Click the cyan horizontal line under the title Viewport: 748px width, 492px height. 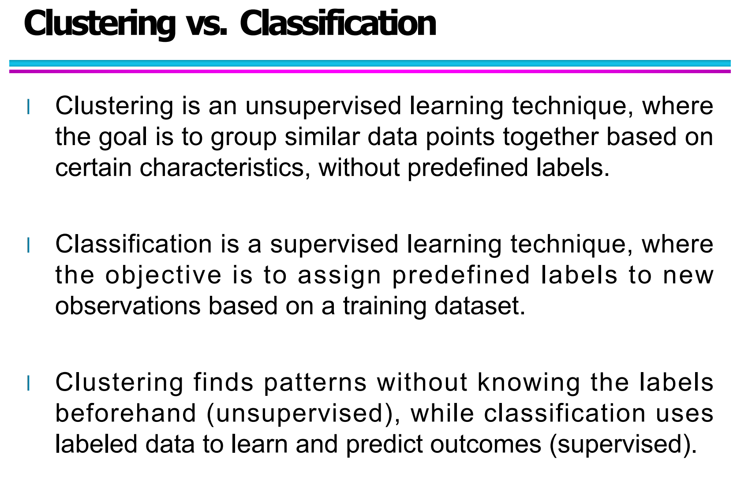click(x=370, y=63)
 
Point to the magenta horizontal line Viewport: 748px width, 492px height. click(x=370, y=71)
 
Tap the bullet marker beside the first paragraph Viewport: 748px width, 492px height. click(x=29, y=107)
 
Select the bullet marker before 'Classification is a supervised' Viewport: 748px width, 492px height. click(x=29, y=245)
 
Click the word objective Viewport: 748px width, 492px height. click(x=163, y=276)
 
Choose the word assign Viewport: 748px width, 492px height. click(x=339, y=276)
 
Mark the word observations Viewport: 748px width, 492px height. click(x=128, y=306)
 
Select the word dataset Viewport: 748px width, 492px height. click(x=480, y=306)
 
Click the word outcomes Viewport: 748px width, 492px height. click(x=486, y=444)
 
